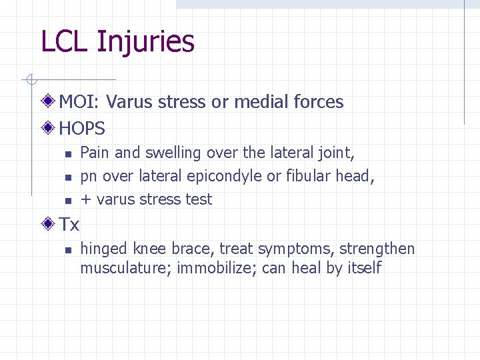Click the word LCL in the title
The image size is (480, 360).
coord(65,41)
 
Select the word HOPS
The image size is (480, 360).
coord(82,127)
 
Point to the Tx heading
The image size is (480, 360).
coord(69,225)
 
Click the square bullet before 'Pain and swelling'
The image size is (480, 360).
coord(67,154)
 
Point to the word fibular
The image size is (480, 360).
coord(309,176)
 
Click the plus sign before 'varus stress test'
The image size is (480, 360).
coord(85,200)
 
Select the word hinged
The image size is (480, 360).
coord(104,250)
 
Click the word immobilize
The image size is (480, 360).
coord(216,268)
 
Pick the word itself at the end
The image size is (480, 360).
coord(363,268)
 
